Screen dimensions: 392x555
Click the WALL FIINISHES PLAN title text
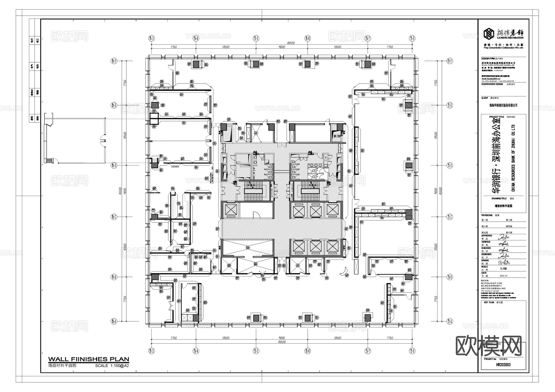pyautogui.click(x=88, y=359)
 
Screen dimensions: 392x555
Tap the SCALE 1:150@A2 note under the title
pyautogui.click(x=112, y=366)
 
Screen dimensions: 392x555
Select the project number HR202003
pyautogui.click(x=503, y=365)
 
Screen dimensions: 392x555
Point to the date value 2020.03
pyautogui.click(x=503, y=276)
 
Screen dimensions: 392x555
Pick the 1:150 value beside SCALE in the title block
pyautogui.click(x=503, y=269)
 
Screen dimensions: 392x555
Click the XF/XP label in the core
pyautogui.click(x=337, y=136)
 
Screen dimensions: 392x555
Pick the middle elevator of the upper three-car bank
pyautogui.click(x=315, y=211)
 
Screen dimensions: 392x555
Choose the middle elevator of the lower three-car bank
pyautogui.click(x=315, y=247)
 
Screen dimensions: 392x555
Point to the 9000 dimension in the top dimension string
pyautogui.click(x=282, y=47)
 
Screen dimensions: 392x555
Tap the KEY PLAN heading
pyautogui.click(x=489, y=302)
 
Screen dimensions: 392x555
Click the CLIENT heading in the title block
pyautogui.click(x=485, y=98)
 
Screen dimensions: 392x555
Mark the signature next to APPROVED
pyautogui.click(x=503, y=237)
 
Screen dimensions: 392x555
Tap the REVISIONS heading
pyautogui.click(x=487, y=215)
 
